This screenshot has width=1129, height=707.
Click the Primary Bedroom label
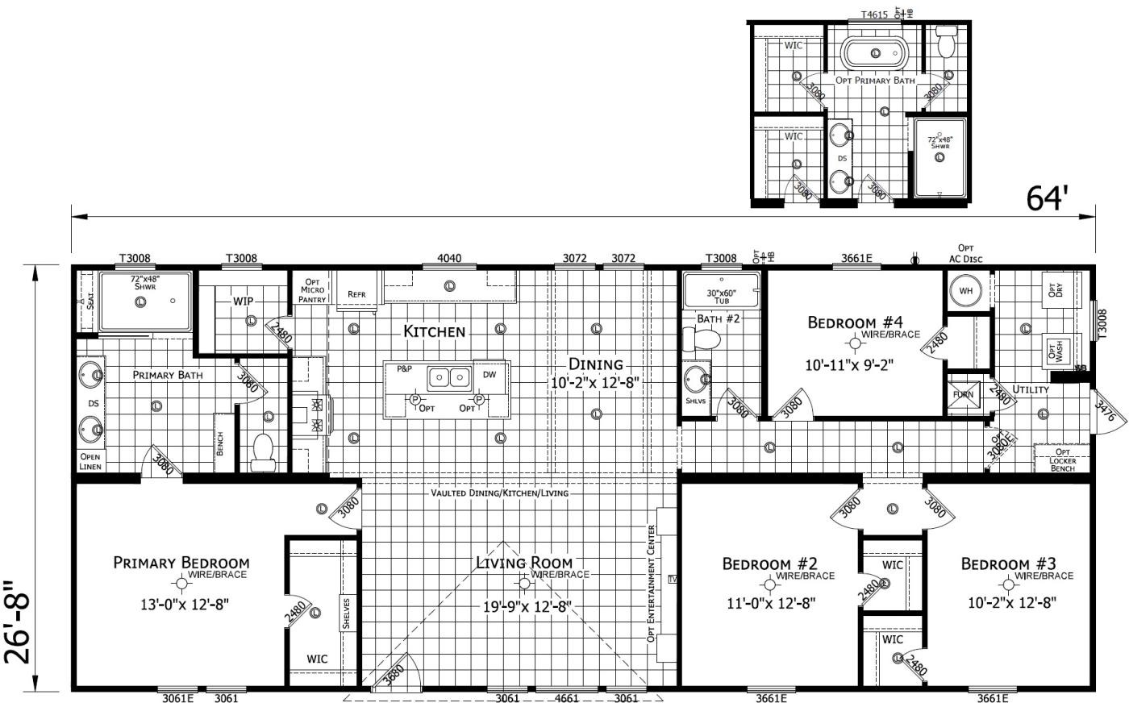point(181,563)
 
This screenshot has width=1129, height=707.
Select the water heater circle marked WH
point(965,291)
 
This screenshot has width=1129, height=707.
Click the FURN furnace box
point(964,395)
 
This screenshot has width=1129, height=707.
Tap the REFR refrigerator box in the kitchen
point(356,294)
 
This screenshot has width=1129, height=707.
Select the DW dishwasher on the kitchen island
point(490,375)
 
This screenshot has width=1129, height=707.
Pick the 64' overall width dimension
point(1048,198)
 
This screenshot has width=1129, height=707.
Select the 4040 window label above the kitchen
point(449,259)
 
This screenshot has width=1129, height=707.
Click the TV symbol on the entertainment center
point(673,579)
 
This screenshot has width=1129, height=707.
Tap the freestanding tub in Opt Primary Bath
point(875,54)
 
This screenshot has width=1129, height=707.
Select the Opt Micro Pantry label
point(312,289)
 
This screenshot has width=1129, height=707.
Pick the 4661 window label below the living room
point(567,698)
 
